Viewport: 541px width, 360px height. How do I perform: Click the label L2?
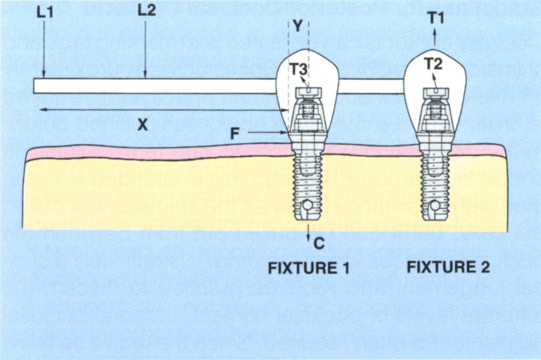click(x=146, y=11)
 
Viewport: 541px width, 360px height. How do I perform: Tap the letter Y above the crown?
click(x=297, y=26)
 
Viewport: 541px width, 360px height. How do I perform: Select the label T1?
click(x=435, y=17)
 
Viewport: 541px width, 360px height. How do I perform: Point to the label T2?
click(x=433, y=64)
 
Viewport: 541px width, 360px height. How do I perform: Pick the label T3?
click(x=299, y=69)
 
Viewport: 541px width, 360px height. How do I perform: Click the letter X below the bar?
click(x=142, y=125)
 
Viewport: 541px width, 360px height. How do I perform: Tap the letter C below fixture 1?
click(x=319, y=243)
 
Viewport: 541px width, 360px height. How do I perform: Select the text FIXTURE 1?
click(x=308, y=269)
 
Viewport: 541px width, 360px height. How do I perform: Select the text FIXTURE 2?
click(x=448, y=268)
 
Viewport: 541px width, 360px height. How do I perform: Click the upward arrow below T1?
click(x=435, y=37)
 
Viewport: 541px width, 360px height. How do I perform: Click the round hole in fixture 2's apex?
click(x=435, y=206)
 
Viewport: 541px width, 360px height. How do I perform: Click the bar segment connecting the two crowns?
click(x=372, y=86)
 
